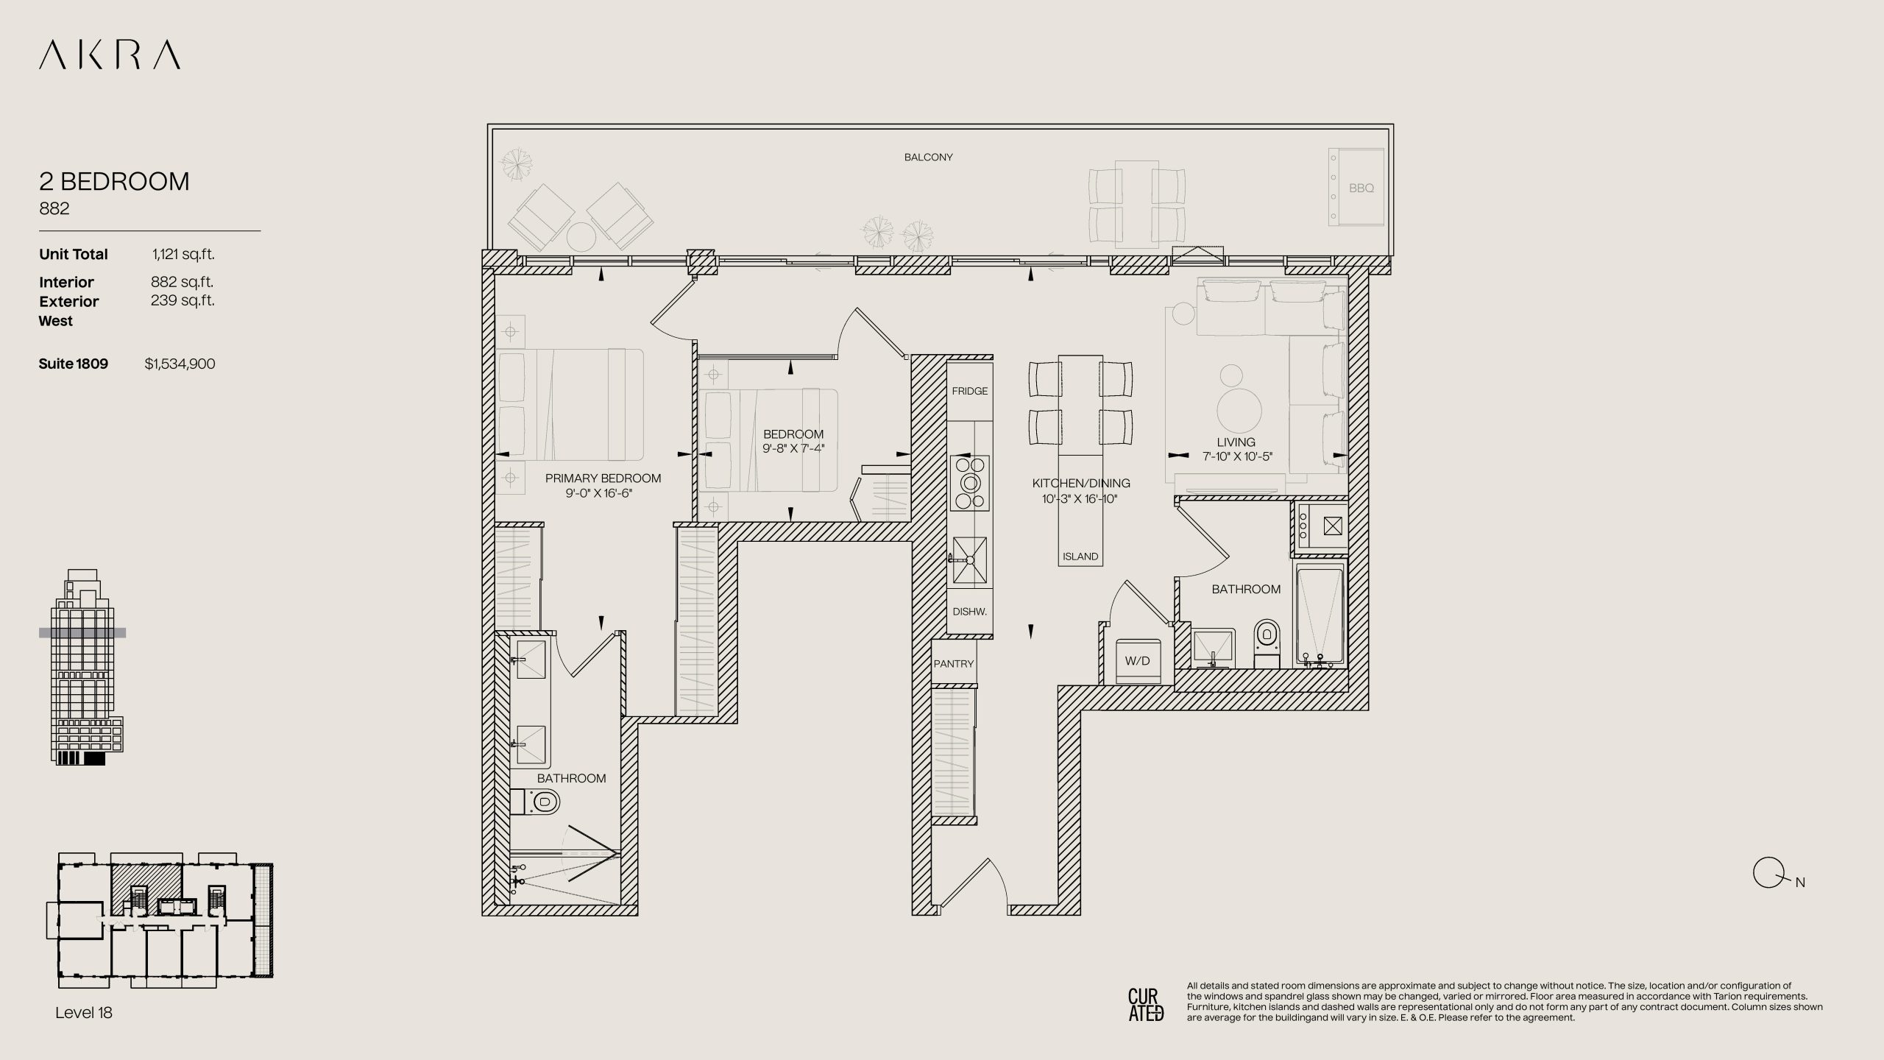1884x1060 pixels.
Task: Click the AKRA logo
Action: [110, 55]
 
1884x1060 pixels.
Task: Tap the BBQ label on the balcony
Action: [1361, 188]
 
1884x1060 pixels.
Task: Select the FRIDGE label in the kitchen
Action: [970, 391]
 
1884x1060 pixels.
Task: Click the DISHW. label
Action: [970, 612]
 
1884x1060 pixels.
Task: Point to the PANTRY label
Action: [954, 664]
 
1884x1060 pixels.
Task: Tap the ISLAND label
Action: [1080, 556]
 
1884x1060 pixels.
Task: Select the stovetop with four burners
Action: [970, 483]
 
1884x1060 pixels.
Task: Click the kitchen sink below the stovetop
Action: [970, 560]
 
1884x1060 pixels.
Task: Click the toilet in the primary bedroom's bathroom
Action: [536, 801]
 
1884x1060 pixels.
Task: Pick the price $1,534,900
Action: [180, 364]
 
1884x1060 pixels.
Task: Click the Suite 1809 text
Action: [74, 364]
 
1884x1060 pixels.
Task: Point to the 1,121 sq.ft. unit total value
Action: [183, 255]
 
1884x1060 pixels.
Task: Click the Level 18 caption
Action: [84, 1013]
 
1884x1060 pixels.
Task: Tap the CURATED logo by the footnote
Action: [1146, 1005]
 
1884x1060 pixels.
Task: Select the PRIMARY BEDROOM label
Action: [603, 478]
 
